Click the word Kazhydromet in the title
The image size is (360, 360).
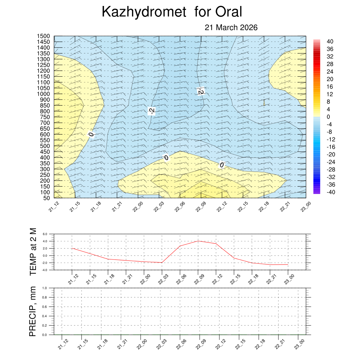click(143, 12)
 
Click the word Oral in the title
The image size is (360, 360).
click(229, 12)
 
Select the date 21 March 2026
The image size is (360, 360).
click(231, 28)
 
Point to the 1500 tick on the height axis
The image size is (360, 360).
click(44, 36)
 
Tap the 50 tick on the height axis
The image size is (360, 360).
click(46, 198)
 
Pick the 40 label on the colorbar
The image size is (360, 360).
click(330, 41)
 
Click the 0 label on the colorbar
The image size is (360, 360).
click(328, 117)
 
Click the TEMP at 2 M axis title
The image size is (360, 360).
click(33, 251)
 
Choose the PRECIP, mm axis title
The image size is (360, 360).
click(33, 311)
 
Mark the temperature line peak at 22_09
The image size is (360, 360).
click(198, 241)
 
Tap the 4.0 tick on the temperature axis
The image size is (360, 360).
click(45, 241)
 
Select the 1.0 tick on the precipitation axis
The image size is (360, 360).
click(45, 288)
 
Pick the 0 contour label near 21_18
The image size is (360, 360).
click(91, 134)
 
